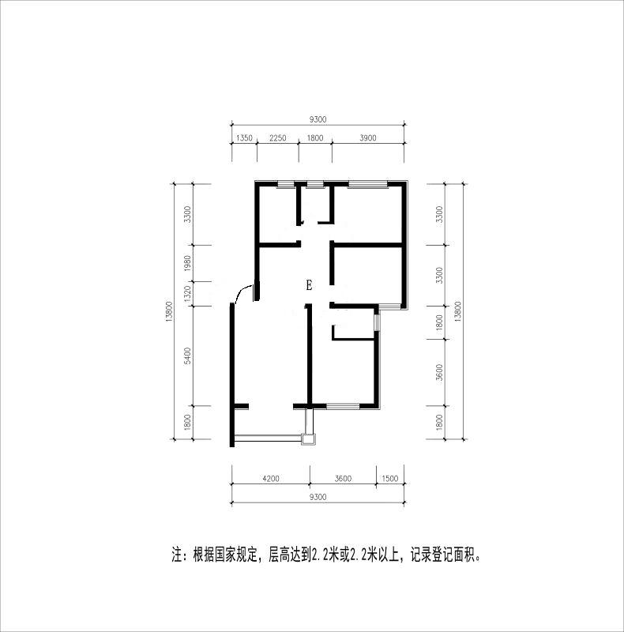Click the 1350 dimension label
[x=244, y=137]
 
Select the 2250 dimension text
[x=278, y=137]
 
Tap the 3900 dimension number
[x=367, y=137]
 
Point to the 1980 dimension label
[x=187, y=263]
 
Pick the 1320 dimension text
[x=187, y=293]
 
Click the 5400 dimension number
[x=187, y=355]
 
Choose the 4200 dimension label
[x=270, y=479]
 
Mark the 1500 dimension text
[x=389, y=479]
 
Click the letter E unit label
[x=309, y=286]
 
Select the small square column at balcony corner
[x=309, y=439]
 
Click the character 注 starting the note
[x=177, y=555]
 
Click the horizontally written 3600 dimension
[x=343, y=479]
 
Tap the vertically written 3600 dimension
[x=439, y=372]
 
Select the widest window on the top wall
[x=367, y=185]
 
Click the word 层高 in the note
[x=279, y=555]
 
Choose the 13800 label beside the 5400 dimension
[x=168, y=311]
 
